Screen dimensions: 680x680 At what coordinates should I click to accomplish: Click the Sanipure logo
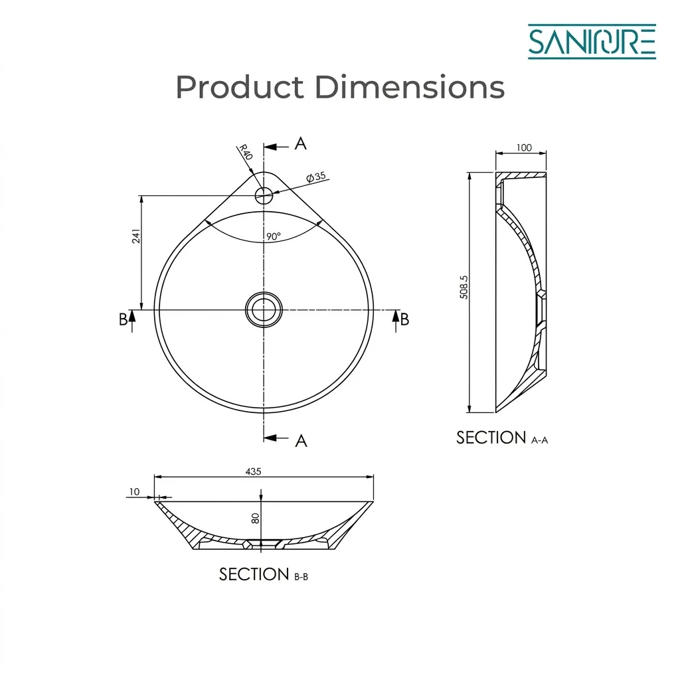coord(592,42)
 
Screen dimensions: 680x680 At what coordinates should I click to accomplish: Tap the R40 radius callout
coord(246,152)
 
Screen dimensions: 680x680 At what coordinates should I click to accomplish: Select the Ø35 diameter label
coord(315,177)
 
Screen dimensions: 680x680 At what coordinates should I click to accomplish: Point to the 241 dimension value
coord(136,236)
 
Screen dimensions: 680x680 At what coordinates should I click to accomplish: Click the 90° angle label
coord(273,236)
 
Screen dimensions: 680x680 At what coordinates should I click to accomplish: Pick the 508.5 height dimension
coord(464,287)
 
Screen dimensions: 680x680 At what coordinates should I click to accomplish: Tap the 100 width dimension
coord(524,147)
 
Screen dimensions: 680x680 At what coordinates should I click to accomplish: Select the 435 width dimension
coord(253,471)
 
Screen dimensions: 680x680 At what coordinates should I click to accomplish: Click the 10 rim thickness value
coord(134,491)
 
